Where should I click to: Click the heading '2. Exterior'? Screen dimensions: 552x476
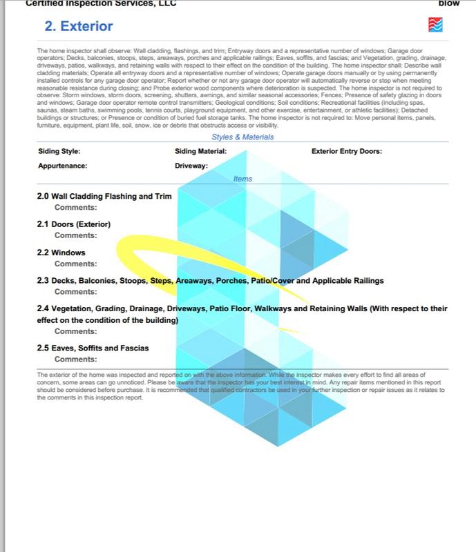[x=79, y=28]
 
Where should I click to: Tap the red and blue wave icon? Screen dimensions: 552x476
[x=436, y=26]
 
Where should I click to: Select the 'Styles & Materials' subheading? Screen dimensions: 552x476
[x=242, y=137]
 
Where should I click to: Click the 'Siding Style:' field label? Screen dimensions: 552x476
[x=59, y=151]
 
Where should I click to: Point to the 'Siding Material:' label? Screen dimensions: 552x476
[x=201, y=151]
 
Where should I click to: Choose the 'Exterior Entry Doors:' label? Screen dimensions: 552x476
[x=347, y=151]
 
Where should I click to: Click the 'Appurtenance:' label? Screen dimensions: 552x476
[x=62, y=166]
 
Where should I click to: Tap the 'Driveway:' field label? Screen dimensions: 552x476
[x=191, y=166]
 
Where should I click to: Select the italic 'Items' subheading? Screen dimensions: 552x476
[x=242, y=179]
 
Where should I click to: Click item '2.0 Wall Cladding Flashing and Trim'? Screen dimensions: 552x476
[x=104, y=196]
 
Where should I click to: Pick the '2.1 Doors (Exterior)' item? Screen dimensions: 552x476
[x=74, y=224]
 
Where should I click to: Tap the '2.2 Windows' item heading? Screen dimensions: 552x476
[x=61, y=253]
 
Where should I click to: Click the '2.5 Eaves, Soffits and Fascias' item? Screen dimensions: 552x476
[x=93, y=348]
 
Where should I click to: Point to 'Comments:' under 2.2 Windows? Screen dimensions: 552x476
[x=76, y=264]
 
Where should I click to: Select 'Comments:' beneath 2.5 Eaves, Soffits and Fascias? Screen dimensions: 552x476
[x=76, y=359]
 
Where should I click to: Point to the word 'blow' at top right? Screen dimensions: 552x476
[x=449, y=3]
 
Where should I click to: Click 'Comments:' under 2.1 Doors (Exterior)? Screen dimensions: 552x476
[x=76, y=235]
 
